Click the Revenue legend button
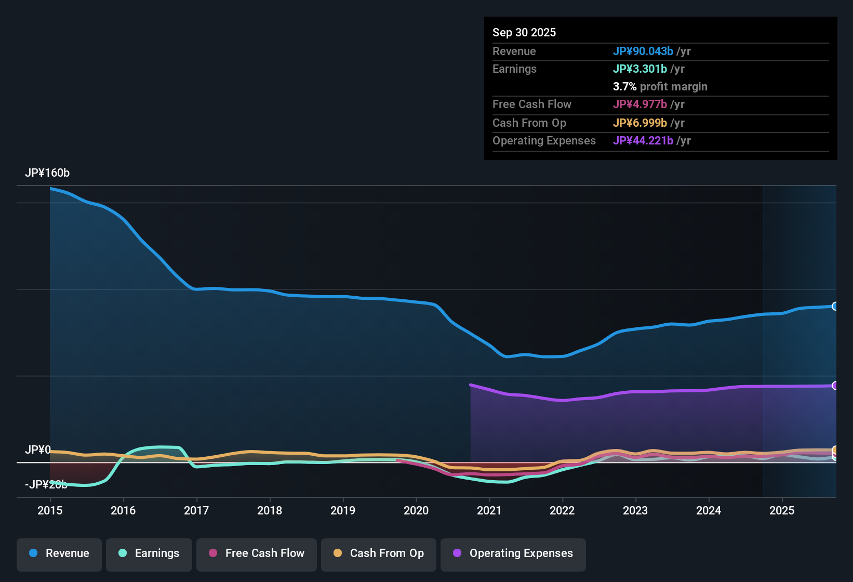[x=59, y=553]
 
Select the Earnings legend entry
[x=149, y=553]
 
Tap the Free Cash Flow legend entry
[x=257, y=553]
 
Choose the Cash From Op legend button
[x=379, y=553]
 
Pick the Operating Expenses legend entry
[x=513, y=553]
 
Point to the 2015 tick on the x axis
[x=50, y=510]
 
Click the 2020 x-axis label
[x=416, y=510]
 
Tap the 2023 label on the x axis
[x=635, y=510]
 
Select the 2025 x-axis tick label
[x=782, y=510]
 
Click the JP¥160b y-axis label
[x=47, y=173]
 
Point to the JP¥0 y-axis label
[x=38, y=449]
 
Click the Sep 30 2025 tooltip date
[x=524, y=32]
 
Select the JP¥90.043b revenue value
[x=643, y=51]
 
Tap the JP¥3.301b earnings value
[x=640, y=69]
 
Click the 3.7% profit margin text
[x=660, y=86]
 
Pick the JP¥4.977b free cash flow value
[x=640, y=104]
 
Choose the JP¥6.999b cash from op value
[x=640, y=123]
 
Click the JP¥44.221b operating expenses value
[x=643, y=140]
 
